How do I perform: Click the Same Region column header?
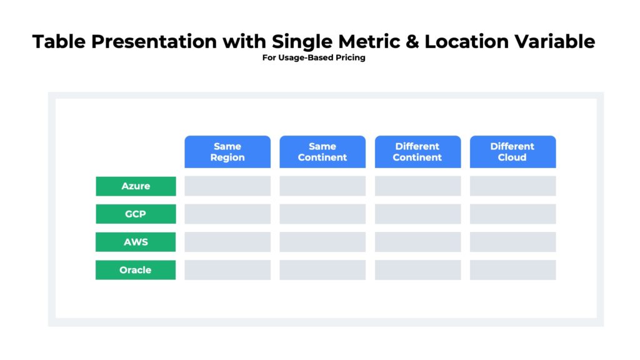[227, 152]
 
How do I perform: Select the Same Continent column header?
[322, 152]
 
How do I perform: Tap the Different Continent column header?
[417, 152]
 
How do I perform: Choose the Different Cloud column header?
[512, 152]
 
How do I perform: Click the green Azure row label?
[136, 186]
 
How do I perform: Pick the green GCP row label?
[136, 214]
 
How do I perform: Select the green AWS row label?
[136, 242]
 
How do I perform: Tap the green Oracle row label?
[136, 270]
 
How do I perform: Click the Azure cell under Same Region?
[227, 186]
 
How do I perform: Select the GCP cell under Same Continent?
[322, 214]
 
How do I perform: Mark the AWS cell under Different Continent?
[417, 242]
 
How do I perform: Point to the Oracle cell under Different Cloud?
[512, 270]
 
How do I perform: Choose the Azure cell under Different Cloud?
[512, 186]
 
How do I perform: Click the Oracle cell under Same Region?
[227, 270]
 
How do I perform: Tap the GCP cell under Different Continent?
[417, 214]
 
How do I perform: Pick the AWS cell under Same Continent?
[322, 242]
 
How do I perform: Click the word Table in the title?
[59, 42]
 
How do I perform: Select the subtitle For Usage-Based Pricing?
[314, 58]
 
